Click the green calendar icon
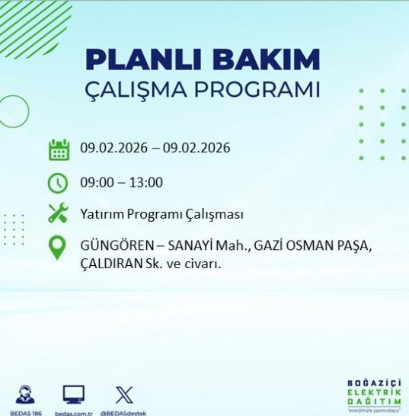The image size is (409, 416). click(x=59, y=149)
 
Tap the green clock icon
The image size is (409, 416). click(x=58, y=183)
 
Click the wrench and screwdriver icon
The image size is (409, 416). click(x=58, y=213)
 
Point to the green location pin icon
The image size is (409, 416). click(x=57, y=248)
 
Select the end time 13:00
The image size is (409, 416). click(x=146, y=183)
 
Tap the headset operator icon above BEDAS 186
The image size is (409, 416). click(x=25, y=395)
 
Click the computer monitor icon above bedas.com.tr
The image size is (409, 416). click(x=73, y=395)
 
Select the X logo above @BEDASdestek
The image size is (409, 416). click(x=123, y=395)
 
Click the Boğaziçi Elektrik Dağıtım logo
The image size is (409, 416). click(x=373, y=394)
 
